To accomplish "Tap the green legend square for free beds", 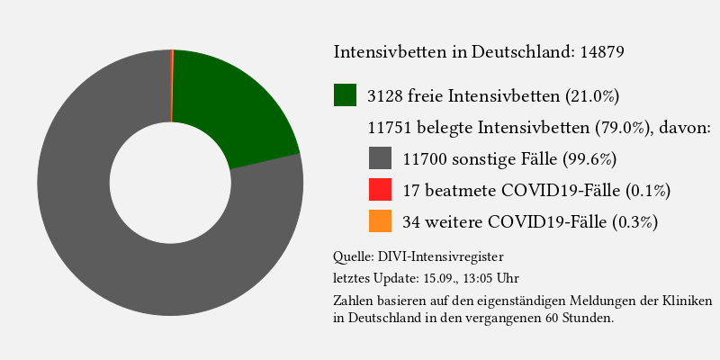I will coord(346,94).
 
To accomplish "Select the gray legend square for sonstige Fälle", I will coord(381,158).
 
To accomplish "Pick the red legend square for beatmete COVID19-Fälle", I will coord(381,190).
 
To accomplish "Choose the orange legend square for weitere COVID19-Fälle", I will coord(381,221).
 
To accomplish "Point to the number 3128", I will coord(386,95).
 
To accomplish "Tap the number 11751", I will coord(392,127).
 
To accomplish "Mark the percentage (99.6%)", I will coord(589,159).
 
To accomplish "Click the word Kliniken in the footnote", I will coord(689,300).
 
